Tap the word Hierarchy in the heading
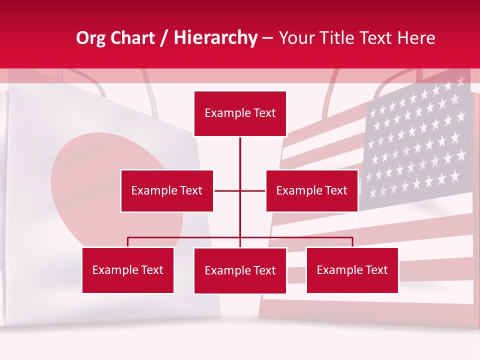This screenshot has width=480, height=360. (x=215, y=38)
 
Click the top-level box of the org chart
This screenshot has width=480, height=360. (x=240, y=113)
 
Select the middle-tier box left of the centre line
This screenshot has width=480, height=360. (x=166, y=190)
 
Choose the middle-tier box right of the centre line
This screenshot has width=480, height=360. (x=311, y=190)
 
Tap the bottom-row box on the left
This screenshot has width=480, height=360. (x=127, y=270)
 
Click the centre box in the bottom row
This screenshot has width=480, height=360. (x=240, y=270)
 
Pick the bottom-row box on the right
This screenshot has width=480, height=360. (x=352, y=270)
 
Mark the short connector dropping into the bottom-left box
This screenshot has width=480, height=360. (x=128, y=242)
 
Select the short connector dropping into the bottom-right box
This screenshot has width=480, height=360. (x=352, y=242)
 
